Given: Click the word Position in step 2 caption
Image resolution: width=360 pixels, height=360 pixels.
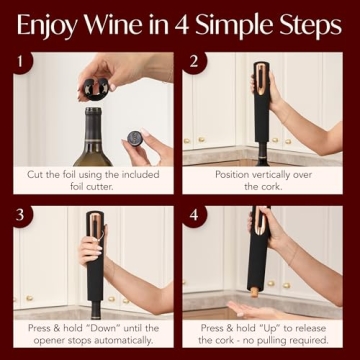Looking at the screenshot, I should (x=235, y=173).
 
